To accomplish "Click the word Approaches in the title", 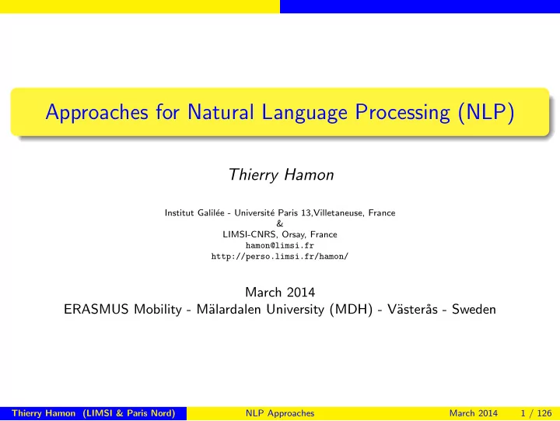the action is coord(96,113).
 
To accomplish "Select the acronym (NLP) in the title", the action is coord(486,113).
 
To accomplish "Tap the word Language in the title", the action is coord(304,113).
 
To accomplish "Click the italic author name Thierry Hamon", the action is coord(281,175).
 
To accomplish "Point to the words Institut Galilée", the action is coord(194,212).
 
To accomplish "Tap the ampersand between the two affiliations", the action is coord(280,223).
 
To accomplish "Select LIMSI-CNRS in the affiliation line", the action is coord(250,234).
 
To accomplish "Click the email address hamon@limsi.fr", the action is coord(280,246).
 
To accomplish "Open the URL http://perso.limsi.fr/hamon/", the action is coord(280,256).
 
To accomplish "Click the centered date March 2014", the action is coord(280,293).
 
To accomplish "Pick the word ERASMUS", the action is coord(96,309).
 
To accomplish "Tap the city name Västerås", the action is coord(412,309).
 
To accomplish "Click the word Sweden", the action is coord(474,309).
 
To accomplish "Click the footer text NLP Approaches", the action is coord(280,413).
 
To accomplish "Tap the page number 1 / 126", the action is coord(536,413).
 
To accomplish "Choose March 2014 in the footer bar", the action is coord(473,413).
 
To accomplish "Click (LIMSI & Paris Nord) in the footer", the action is coord(129,413).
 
